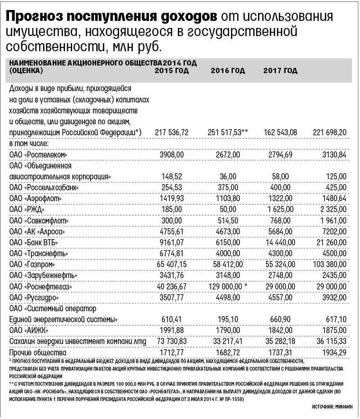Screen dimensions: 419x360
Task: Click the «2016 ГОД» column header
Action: coord(228,71)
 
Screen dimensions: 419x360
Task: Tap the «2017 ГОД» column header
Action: coord(280,71)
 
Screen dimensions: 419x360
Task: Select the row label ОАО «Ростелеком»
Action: coord(39,155)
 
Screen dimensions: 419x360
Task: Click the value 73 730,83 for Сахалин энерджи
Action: coord(172,342)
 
